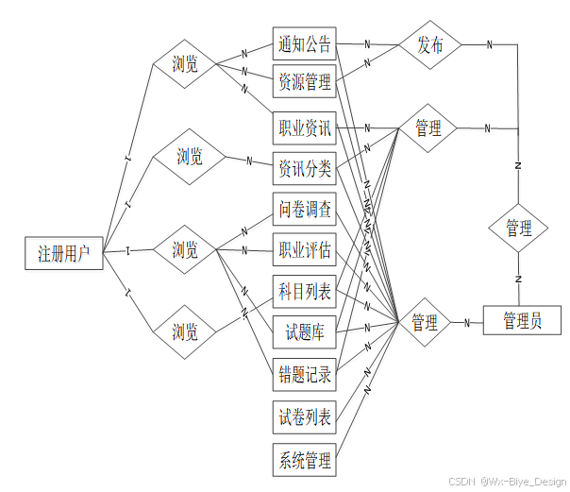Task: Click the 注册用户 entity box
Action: coord(63,253)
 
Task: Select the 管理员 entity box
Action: coord(522,321)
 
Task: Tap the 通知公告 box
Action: coord(304,43)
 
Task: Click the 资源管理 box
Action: coord(304,83)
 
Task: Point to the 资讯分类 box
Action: coord(304,169)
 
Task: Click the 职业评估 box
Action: coord(304,250)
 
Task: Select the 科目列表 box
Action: coord(304,292)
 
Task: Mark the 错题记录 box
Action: coord(304,375)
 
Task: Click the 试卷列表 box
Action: coord(304,416)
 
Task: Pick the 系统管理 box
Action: coord(304,461)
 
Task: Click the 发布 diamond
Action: coord(429,45)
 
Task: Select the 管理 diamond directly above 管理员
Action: coord(518,229)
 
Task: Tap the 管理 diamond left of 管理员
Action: coord(425,323)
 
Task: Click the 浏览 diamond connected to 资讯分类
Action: coord(190,158)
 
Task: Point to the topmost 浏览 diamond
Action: coord(185,64)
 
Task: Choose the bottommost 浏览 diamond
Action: coord(185,331)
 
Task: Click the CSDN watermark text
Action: coord(507,482)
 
